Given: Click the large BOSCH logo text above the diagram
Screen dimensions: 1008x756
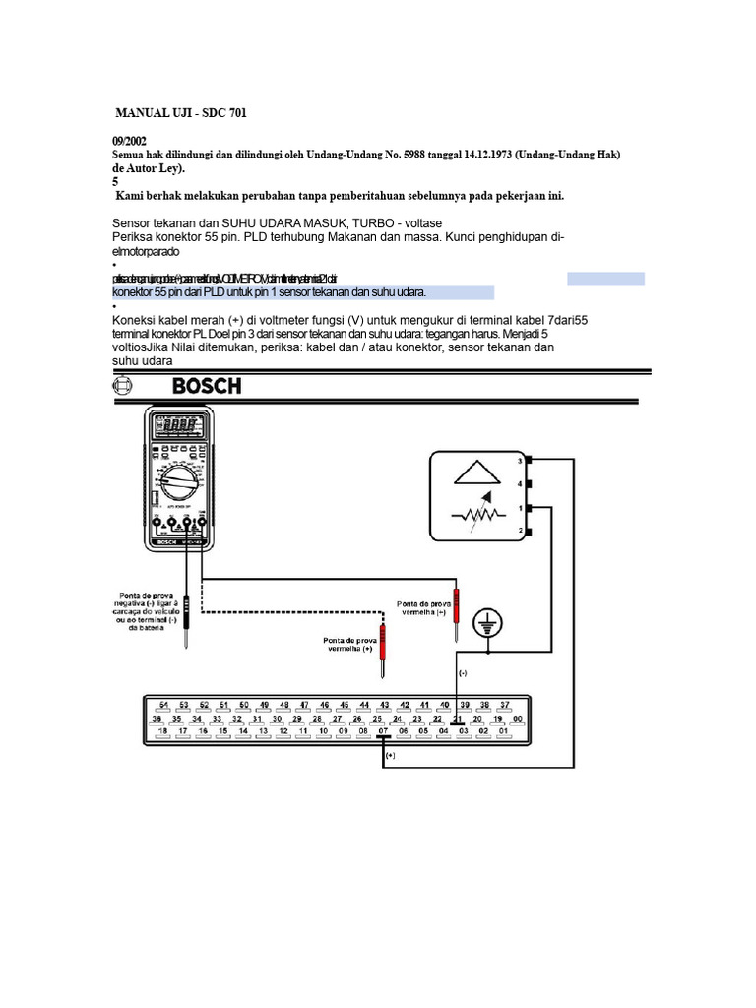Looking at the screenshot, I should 207,386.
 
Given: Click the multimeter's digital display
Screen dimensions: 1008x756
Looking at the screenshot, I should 178,425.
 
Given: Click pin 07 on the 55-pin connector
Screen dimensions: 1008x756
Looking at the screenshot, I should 384,731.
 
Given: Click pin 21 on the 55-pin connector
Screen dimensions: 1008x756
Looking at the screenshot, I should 457,719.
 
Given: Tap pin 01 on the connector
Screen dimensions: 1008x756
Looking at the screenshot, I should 503,731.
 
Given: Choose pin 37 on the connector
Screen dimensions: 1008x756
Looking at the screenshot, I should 505,705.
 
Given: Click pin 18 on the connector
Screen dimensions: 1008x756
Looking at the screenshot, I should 162,731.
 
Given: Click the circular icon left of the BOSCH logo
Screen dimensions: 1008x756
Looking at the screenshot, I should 122,386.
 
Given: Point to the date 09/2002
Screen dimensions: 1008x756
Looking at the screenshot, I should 131,141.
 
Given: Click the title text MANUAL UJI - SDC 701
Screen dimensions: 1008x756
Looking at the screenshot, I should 181,113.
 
